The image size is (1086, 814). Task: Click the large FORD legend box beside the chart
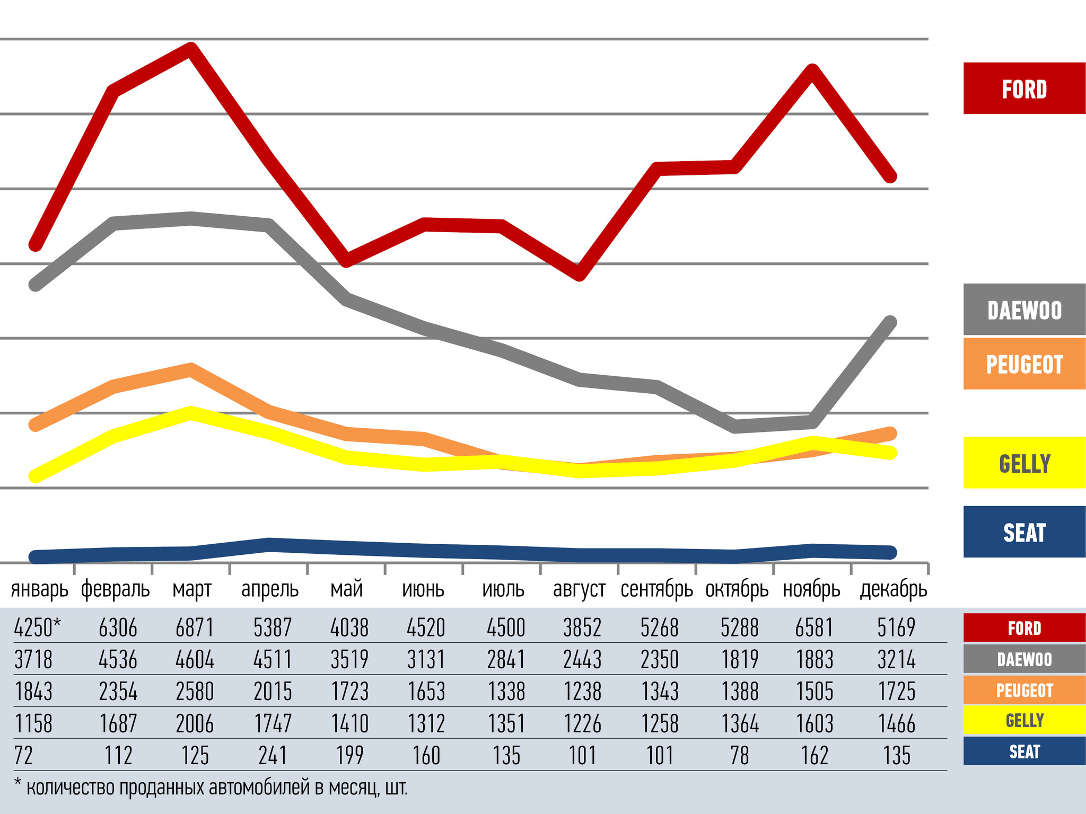(x=1024, y=89)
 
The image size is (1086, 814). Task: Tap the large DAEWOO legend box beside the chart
(x=1024, y=310)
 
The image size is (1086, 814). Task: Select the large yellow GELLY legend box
(x=1024, y=463)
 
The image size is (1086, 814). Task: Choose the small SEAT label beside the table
(x=1024, y=751)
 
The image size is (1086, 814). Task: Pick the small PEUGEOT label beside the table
(x=1024, y=691)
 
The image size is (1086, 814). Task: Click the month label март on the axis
(x=192, y=589)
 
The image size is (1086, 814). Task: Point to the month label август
(x=579, y=589)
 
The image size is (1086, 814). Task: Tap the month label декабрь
(x=894, y=589)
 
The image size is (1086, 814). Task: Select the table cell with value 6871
(x=195, y=628)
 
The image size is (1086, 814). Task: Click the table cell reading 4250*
(x=37, y=628)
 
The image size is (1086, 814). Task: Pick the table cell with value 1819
(x=740, y=660)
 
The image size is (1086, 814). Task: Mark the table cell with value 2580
(x=195, y=692)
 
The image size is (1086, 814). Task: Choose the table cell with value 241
(x=273, y=756)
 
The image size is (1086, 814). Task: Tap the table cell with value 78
(x=740, y=756)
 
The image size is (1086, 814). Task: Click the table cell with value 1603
(x=815, y=724)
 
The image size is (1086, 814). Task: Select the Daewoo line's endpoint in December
(x=890, y=323)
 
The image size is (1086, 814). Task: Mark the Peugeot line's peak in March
(x=190, y=370)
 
